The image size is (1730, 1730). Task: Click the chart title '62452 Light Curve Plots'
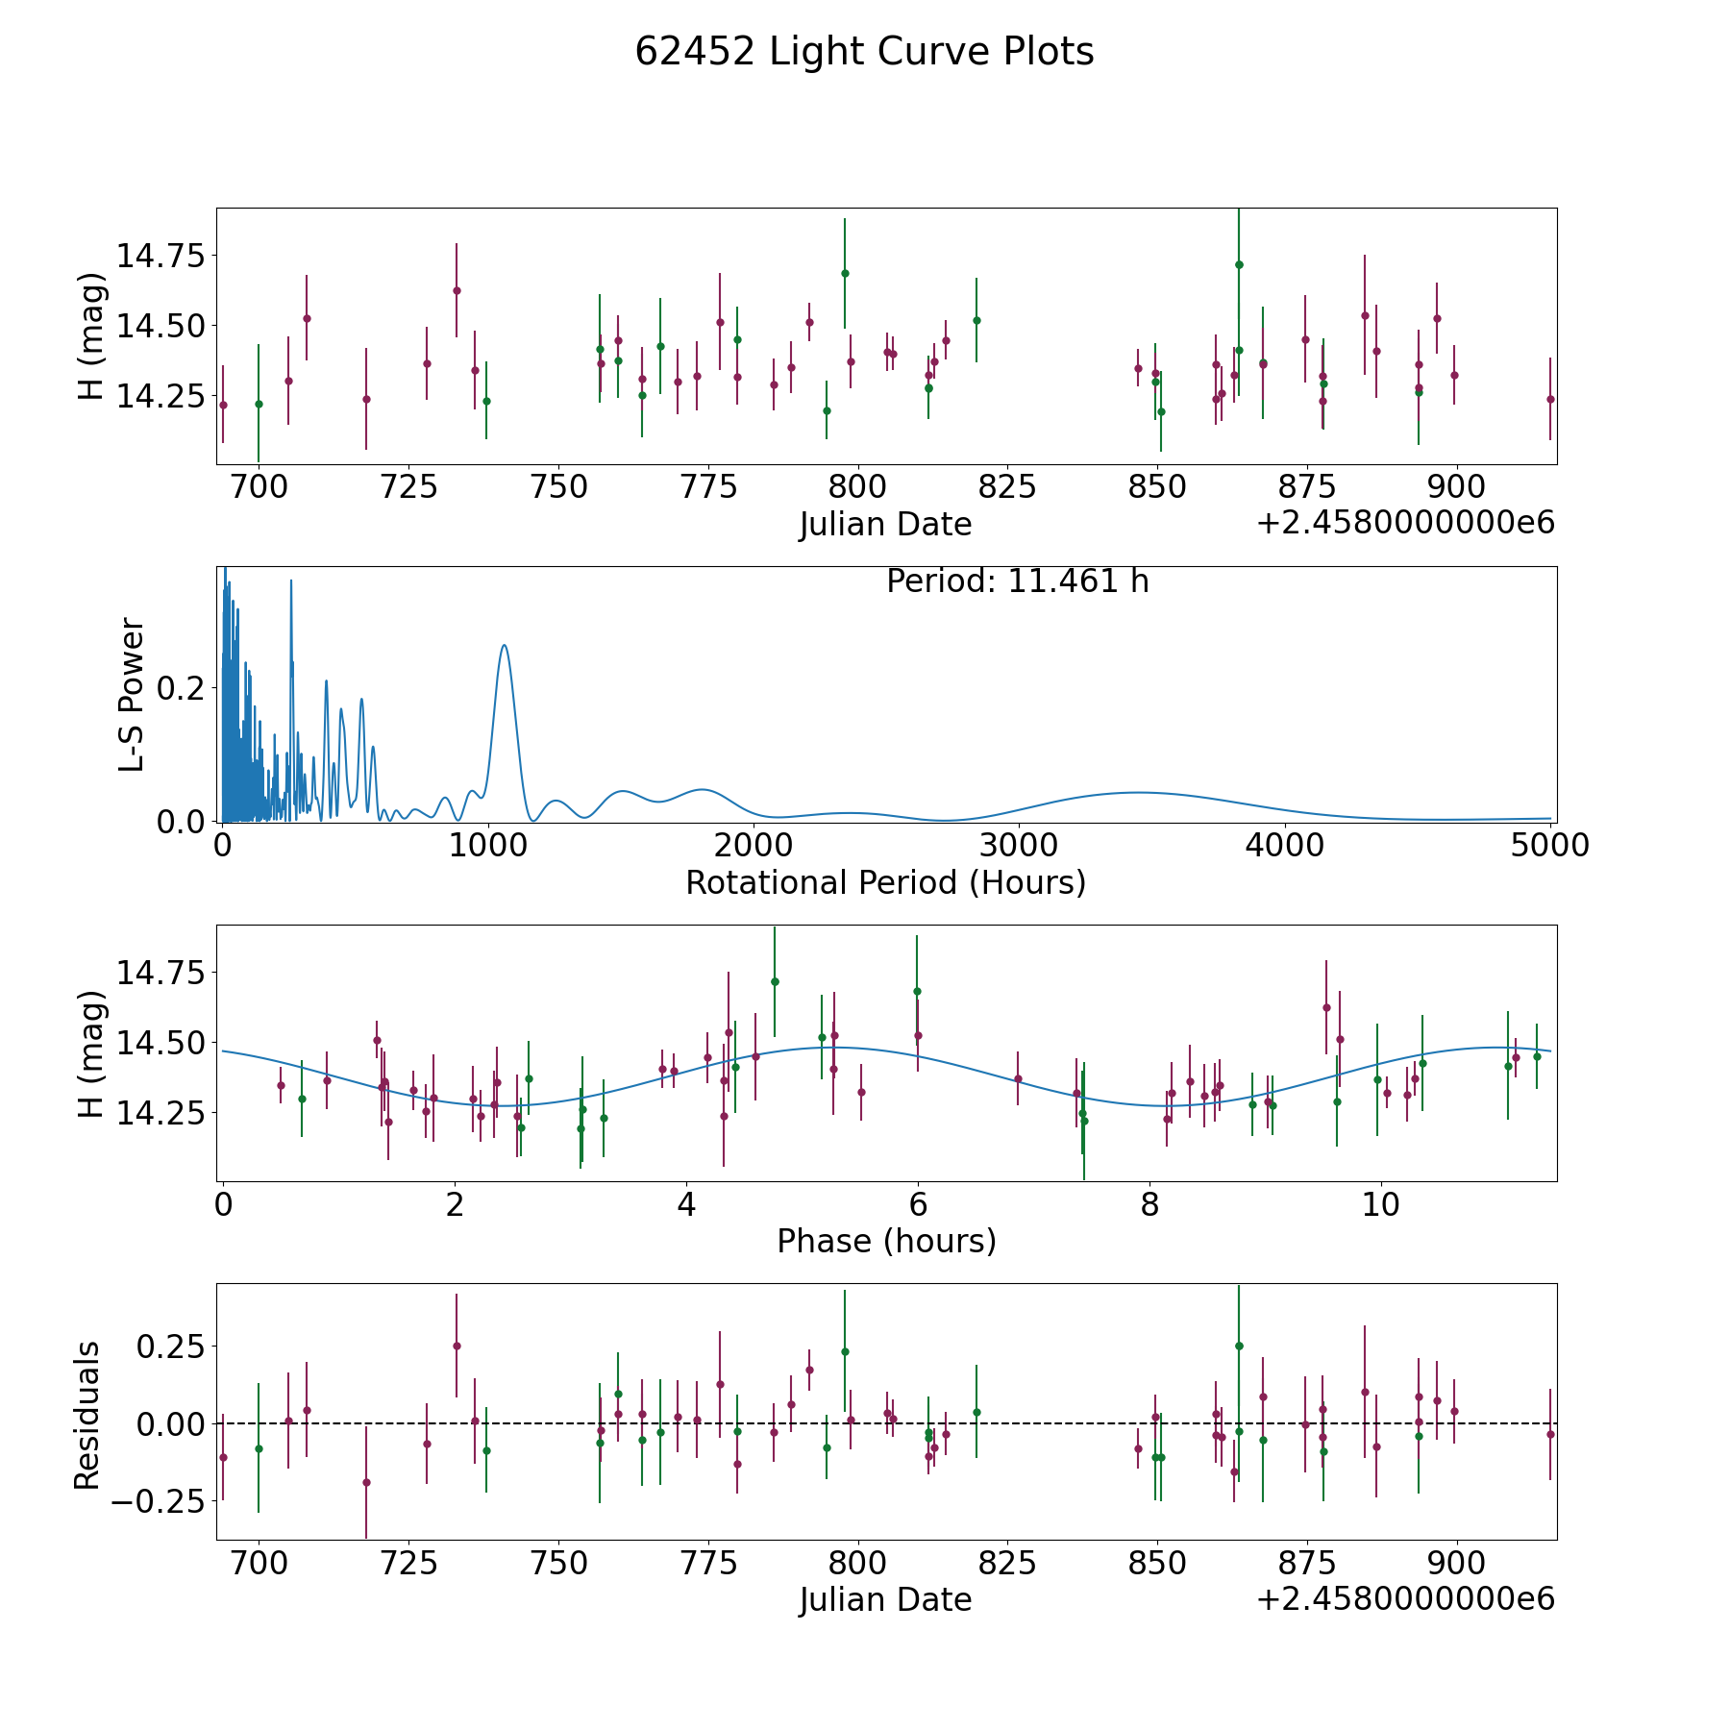(864, 52)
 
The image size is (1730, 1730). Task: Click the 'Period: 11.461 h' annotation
(1017, 581)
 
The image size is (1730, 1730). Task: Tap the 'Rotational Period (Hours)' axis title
(885, 882)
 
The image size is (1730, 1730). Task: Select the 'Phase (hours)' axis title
(886, 1241)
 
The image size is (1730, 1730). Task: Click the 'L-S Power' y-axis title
(132, 695)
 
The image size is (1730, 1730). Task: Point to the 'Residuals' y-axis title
(87, 1416)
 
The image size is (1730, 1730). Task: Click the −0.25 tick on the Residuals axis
(160, 1500)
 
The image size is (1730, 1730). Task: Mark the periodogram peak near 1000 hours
(504, 645)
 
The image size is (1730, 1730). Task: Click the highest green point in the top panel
(1239, 264)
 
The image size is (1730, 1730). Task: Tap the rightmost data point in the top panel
(1549, 399)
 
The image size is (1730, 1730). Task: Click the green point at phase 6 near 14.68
(917, 991)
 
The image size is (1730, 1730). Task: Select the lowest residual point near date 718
(366, 1482)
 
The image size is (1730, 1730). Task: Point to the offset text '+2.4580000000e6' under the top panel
(1405, 523)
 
